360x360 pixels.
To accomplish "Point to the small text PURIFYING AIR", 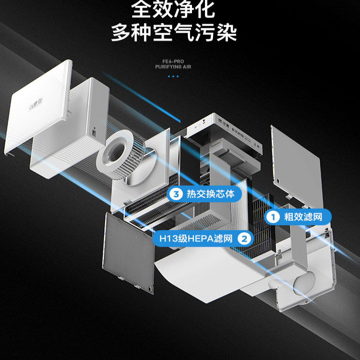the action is (173, 67).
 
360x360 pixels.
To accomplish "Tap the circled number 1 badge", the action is (274, 216).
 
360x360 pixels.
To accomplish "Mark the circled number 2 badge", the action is (245, 238).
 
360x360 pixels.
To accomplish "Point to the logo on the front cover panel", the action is (36, 102).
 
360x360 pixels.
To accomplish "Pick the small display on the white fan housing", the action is (94, 130).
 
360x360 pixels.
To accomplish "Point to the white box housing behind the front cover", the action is (72, 130).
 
